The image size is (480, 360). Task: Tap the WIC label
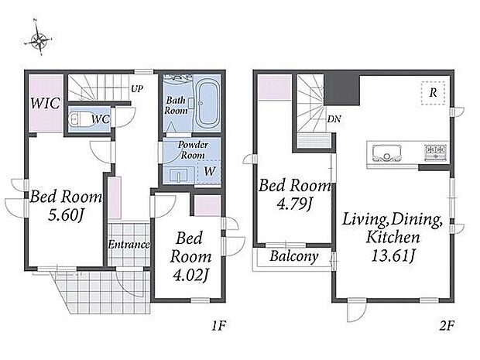pyautogui.click(x=45, y=104)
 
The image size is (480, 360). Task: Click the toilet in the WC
pyautogui.click(x=75, y=118)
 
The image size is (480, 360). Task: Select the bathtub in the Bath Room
pyautogui.click(x=207, y=104)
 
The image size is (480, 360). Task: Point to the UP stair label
pyautogui.click(x=137, y=89)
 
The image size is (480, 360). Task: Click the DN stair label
pyautogui.click(x=334, y=119)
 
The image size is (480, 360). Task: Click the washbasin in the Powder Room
pyautogui.click(x=179, y=175)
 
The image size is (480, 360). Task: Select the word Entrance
pyautogui.click(x=129, y=245)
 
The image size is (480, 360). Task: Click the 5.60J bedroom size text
pyautogui.click(x=66, y=216)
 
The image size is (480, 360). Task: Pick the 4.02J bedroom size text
pyautogui.click(x=190, y=276)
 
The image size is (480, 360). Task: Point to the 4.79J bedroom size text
pyautogui.click(x=294, y=204)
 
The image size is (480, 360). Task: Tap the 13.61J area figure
pyautogui.click(x=393, y=256)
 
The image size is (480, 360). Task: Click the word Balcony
pyautogui.click(x=293, y=256)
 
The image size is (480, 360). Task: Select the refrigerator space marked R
pyautogui.click(x=433, y=93)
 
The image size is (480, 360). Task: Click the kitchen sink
pyautogui.click(x=387, y=153)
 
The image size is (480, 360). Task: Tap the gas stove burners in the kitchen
pyautogui.click(x=435, y=152)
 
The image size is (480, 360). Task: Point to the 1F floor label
pyautogui.click(x=218, y=326)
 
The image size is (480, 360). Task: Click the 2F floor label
pyautogui.click(x=447, y=326)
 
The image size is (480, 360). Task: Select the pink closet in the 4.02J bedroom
pyautogui.click(x=207, y=206)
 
